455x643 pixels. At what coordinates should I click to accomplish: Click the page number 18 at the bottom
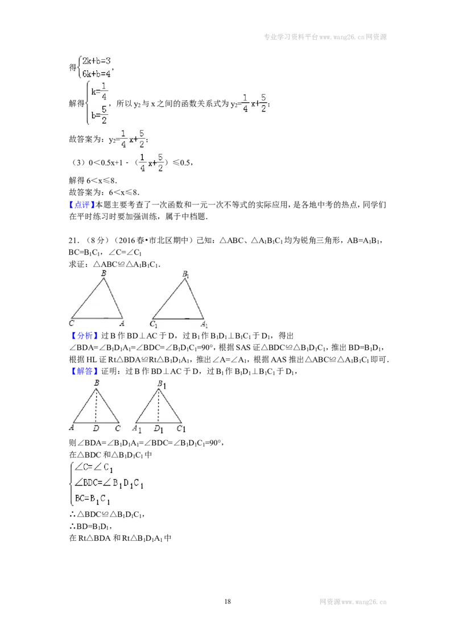coord(227,602)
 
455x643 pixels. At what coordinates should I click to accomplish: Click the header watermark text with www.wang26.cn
coord(325,37)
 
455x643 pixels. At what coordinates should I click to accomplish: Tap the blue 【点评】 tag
coord(82,204)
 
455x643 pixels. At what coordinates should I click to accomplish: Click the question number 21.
coord(74,241)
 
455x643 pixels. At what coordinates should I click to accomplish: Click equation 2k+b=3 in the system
coord(96,61)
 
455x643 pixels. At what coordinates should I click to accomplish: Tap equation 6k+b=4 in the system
coord(96,73)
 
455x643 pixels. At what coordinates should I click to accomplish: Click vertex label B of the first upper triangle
coord(104,273)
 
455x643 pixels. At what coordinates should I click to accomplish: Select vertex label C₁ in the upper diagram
coord(153,324)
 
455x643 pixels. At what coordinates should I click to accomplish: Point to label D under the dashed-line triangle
coord(96,428)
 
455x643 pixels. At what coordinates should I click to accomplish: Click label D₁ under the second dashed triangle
coord(159,429)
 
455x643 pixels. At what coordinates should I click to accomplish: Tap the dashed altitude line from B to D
coord(96,406)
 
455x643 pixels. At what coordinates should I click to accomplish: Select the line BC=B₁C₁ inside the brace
coord(92,499)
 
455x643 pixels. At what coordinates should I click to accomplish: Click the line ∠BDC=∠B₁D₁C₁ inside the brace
coord(109,483)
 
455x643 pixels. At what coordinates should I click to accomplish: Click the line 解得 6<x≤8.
coord(93,181)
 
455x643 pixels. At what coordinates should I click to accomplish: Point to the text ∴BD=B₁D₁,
coord(90,526)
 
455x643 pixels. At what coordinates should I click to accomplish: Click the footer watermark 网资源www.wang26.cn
coord(353,602)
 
